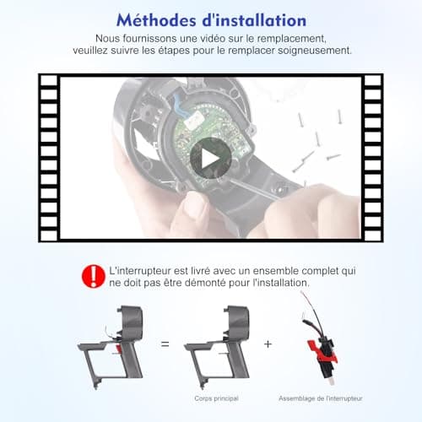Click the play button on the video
click(x=210, y=158)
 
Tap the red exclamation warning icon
click(x=94, y=276)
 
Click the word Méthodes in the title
click(x=156, y=20)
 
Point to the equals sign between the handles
click(x=165, y=344)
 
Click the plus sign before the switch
click(x=268, y=344)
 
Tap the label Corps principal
click(x=216, y=398)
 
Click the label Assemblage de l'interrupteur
click(x=321, y=398)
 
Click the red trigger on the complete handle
click(x=119, y=349)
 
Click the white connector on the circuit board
click(x=195, y=117)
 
